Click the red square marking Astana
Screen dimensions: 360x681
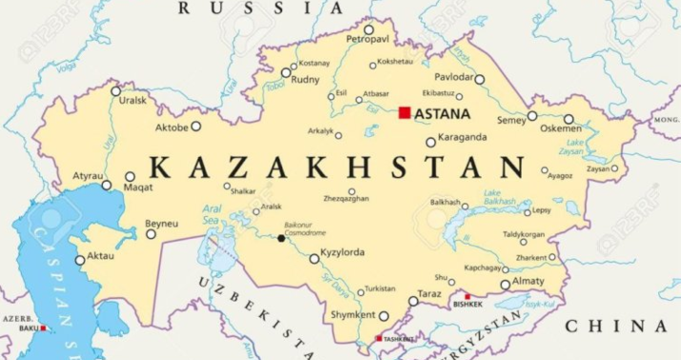click(405, 113)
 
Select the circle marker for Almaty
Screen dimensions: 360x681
click(506, 284)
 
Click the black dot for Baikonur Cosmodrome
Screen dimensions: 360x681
click(281, 238)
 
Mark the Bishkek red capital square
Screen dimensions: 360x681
click(467, 296)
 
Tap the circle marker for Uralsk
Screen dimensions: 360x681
click(116, 91)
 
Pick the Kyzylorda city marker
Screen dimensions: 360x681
click(314, 258)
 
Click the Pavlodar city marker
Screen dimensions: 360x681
click(480, 80)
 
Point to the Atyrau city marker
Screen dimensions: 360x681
click(107, 185)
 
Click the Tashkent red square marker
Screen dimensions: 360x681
click(379, 338)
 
